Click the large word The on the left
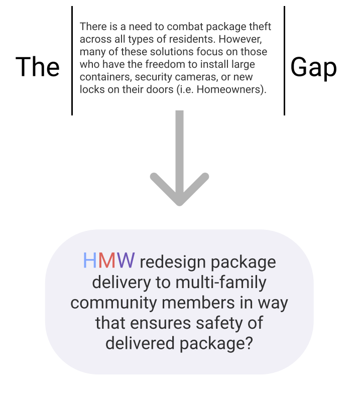(38, 67)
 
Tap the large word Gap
(313, 67)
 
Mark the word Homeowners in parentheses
(230, 90)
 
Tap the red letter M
(107, 261)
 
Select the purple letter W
(126, 261)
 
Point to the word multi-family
(221, 282)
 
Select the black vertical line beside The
(72, 60)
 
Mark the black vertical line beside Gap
(284, 60)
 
